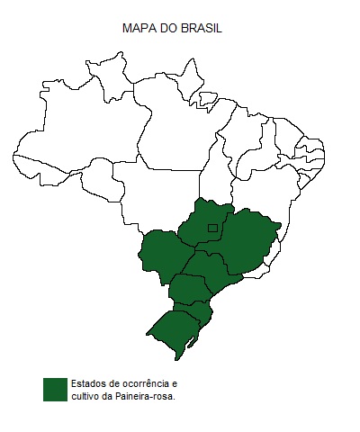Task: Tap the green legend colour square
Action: pyautogui.click(x=55, y=389)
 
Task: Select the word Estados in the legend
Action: pyautogui.click(x=87, y=383)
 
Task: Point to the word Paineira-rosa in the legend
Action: pyautogui.click(x=148, y=396)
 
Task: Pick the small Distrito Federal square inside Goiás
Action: pyautogui.click(x=212, y=228)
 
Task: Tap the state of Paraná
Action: pyautogui.click(x=189, y=291)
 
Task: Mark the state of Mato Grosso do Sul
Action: pyautogui.click(x=162, y=256)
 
